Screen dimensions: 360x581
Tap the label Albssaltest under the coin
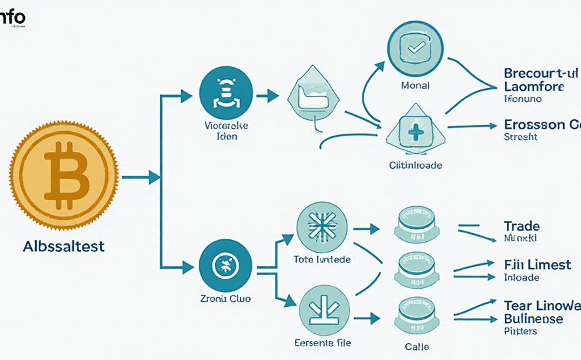tap(64, 246)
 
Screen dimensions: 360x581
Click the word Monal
tap(414, 85)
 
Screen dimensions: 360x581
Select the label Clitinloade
tap(415, 165)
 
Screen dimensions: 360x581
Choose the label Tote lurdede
tap(322, 259)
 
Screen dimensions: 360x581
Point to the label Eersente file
tap(322, 342)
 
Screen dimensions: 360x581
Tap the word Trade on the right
tap(522, 226)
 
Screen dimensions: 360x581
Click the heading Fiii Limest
tap(537, 265)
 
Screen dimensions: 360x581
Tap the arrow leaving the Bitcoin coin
tap(141, 178)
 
